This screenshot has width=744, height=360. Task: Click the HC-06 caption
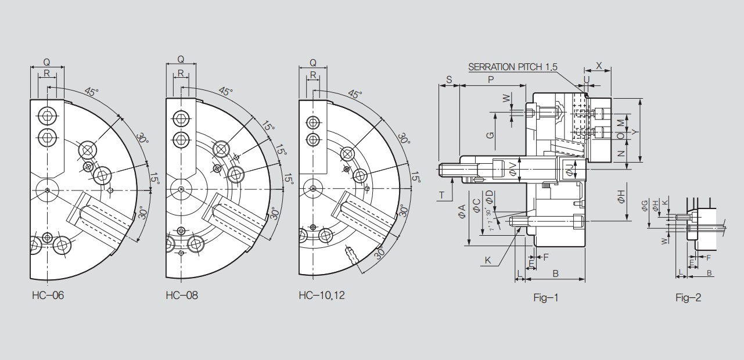coord(48,296)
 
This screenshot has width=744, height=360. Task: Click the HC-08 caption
coord(181,296)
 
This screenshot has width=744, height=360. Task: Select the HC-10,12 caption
coord(322,296)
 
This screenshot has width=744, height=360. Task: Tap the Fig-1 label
coord(545,298)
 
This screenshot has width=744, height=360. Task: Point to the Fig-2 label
coord(688,298)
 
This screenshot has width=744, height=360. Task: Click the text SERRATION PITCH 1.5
coord(512,67)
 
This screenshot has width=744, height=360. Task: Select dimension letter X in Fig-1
coord(599,66)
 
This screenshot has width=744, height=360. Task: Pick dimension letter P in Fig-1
coord(491,79)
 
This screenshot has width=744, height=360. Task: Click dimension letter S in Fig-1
coord(449,79)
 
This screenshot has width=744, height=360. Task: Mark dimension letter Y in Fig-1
coord(635,132)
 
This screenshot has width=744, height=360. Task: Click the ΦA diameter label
coord(462,212)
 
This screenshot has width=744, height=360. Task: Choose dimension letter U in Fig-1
coord(587,79)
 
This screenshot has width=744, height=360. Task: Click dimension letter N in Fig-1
coord(620,154)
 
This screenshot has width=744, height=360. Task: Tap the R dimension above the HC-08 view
coord(181,73)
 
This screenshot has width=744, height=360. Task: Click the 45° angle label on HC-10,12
coord(355,94)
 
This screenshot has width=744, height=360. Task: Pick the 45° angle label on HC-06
coord(91,92)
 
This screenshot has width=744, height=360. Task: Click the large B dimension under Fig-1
coord(555,272)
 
